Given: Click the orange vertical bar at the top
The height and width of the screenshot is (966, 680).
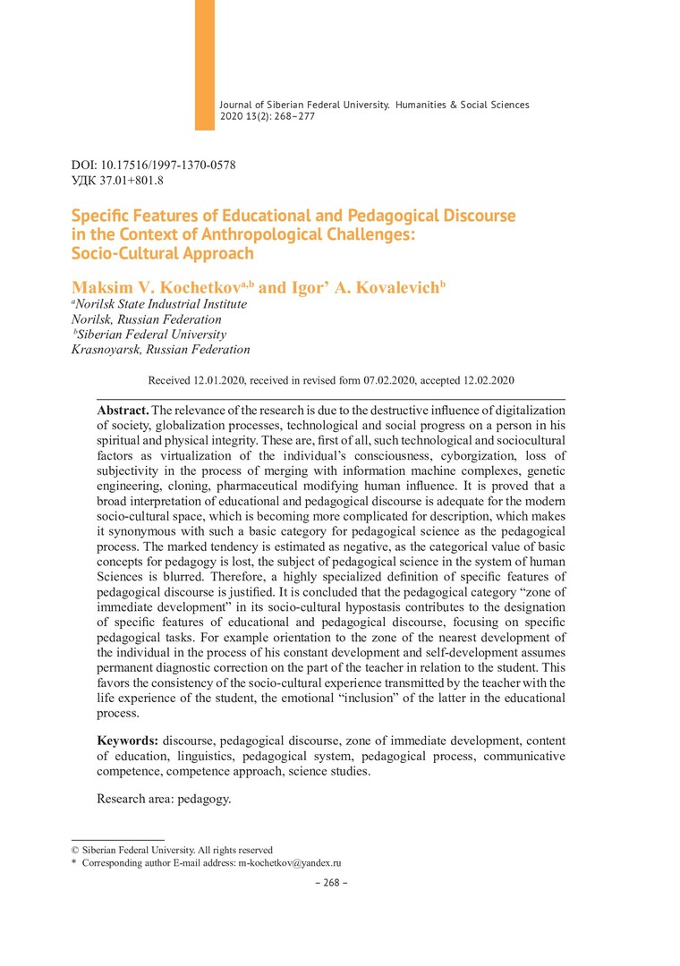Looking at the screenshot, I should coord(205,64).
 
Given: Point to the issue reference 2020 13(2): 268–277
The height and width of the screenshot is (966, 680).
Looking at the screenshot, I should coord(268,116).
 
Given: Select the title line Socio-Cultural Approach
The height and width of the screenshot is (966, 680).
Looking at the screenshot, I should coord(162,253).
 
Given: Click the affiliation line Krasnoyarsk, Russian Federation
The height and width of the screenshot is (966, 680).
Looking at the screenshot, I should coord(160,350).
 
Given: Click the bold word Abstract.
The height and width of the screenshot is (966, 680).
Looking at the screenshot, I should coord(123,409).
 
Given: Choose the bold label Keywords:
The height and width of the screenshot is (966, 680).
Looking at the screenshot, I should coord(128,741).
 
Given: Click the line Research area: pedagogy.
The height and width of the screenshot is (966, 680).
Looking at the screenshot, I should coord(164,799).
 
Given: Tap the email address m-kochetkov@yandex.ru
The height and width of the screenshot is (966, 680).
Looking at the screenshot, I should coord(290,863).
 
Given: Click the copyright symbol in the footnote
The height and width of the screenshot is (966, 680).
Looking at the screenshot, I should coord(75,850).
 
